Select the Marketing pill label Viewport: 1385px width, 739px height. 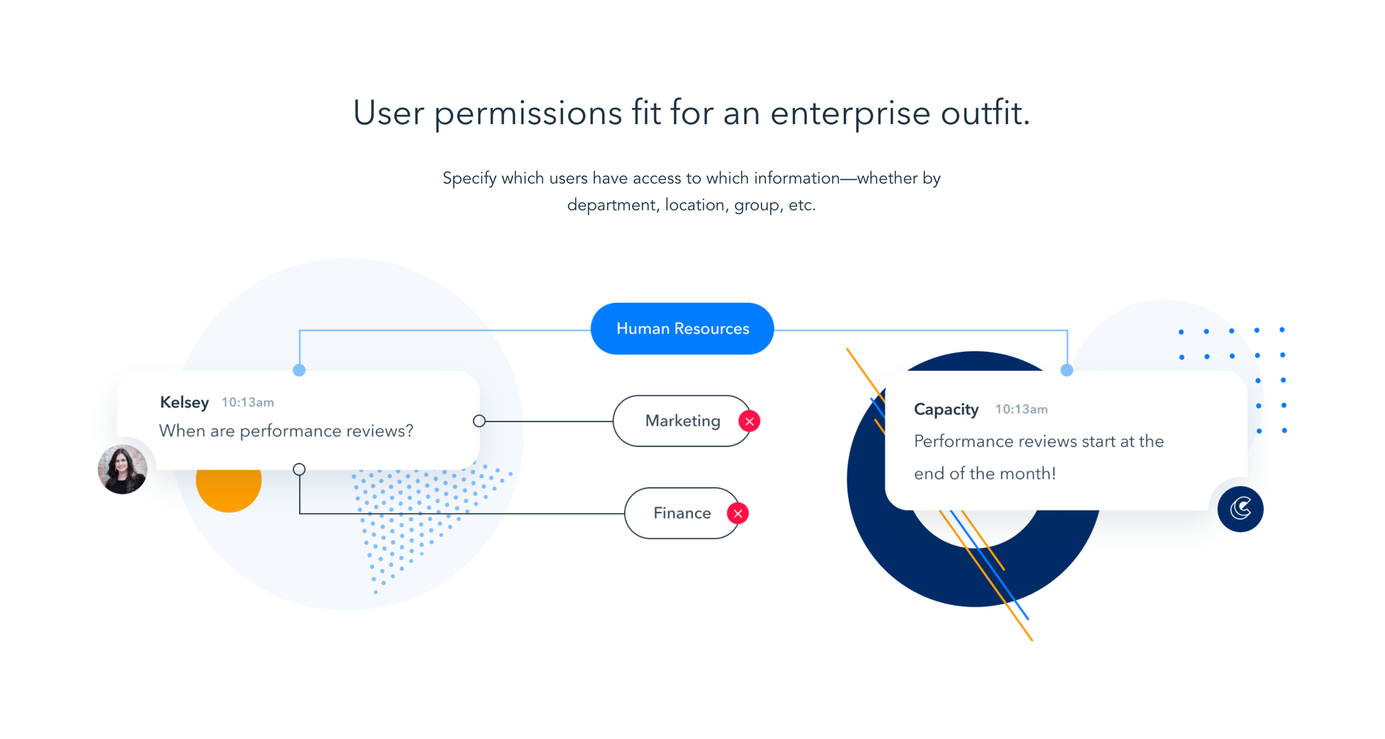point(682,421)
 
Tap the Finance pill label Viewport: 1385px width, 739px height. point(682,513)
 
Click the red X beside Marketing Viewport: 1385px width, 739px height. point(749,421)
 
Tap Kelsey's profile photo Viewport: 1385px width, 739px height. point(123,469)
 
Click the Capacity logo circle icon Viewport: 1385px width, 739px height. point(1240,509)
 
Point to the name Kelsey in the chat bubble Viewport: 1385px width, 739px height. point(184,403)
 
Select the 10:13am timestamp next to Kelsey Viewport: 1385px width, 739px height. point(248,403)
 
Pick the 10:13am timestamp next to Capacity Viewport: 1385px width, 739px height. point(1021,410)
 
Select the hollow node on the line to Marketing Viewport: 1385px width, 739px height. point(479,421)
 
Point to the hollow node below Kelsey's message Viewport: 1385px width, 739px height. point(299,469)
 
